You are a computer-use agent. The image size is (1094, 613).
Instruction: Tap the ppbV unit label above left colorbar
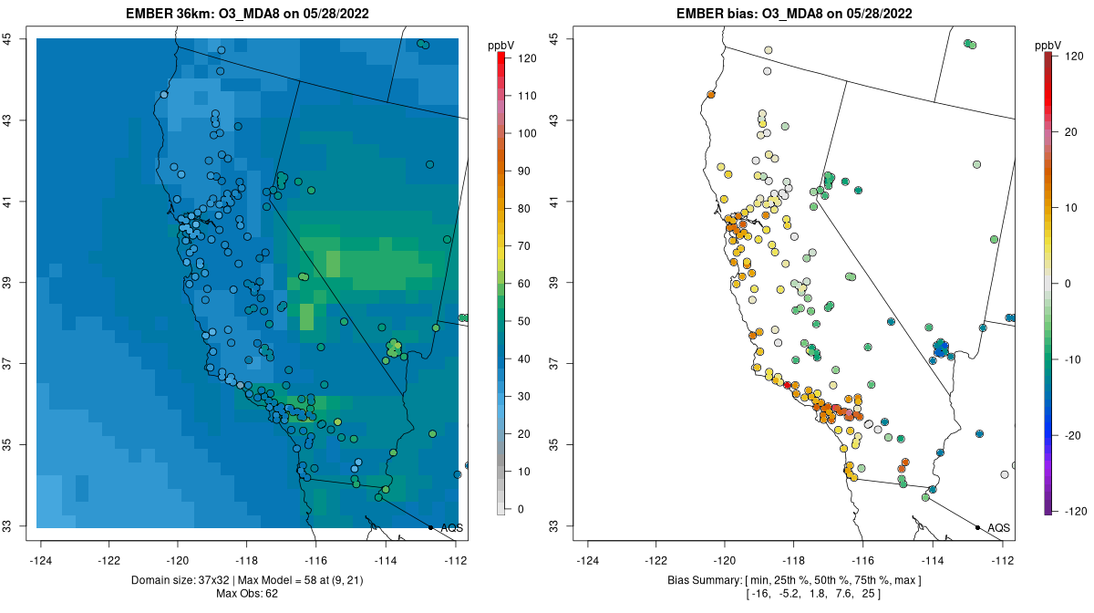[x=501, y=45]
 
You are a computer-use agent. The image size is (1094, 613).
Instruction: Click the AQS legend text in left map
[x=451, y=528]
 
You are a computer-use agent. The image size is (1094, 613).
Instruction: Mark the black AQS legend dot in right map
[x=976, y=527]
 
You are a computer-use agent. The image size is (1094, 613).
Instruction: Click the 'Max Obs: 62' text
[x=247, y=594]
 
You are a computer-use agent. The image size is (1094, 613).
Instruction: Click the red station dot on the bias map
[x=788, y=385]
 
